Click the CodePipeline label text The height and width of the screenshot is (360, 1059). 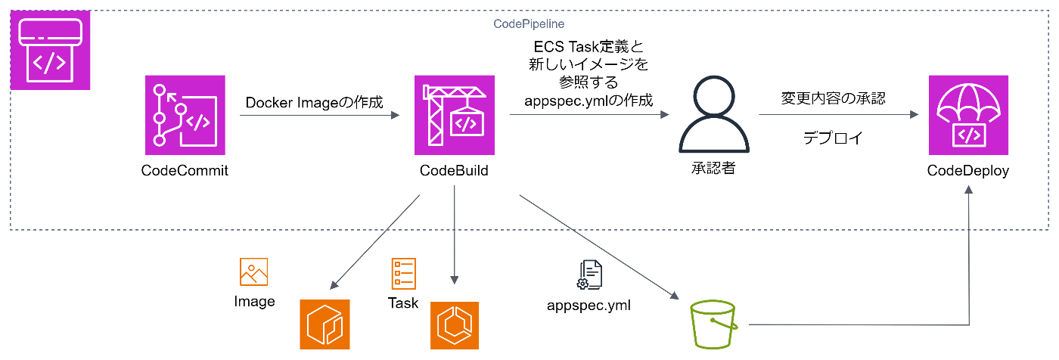529,24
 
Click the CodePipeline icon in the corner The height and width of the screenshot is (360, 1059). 51,50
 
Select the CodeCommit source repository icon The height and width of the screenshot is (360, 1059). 185,115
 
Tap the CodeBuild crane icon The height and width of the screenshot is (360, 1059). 455,115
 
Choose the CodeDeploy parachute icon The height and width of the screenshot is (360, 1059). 968,115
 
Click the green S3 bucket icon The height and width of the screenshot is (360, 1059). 713,324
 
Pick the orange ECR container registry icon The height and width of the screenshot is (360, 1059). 325,324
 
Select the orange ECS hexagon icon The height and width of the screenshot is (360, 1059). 455,324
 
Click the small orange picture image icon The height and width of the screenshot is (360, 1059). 253,272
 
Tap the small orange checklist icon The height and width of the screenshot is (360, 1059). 403,273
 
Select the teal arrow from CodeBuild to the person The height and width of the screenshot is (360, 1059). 589,114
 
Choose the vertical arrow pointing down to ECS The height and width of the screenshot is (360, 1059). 455,234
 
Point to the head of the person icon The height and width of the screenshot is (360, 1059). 713,98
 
